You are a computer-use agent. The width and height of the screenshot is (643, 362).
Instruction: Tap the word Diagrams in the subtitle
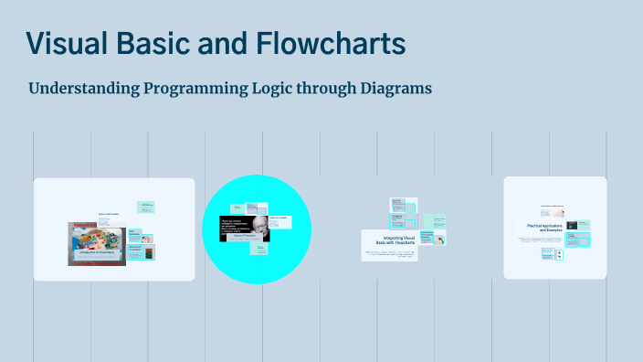click(x=394, y=90)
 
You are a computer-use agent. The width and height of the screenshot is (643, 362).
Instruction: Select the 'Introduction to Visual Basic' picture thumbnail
click(x=96, y=244)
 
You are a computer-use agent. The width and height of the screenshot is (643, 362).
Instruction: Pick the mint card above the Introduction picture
click(x=146, y=208)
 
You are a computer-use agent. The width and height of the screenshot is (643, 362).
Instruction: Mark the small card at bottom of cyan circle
click(x=262, y=247)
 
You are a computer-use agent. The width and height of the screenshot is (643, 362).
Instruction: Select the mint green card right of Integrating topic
click(x=436, y=221)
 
